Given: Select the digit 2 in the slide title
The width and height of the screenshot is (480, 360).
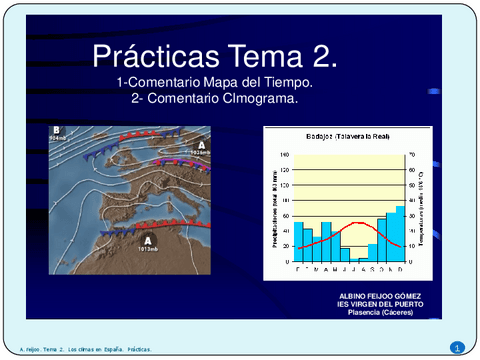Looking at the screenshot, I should coord(328,56).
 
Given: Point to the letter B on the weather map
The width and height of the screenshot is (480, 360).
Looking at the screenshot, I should coord(57,130).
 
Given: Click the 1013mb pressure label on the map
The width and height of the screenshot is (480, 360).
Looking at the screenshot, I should coord(147,250).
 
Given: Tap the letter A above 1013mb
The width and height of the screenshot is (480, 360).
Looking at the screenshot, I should coord(147,241).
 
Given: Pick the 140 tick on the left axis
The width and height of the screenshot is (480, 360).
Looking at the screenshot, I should coord(283,155).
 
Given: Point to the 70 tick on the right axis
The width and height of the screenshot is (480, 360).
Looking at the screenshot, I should coord(412,155).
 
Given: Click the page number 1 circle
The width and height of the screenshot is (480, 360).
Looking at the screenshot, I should coord(457,347).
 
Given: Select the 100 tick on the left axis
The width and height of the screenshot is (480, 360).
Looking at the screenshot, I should coord(283,185).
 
